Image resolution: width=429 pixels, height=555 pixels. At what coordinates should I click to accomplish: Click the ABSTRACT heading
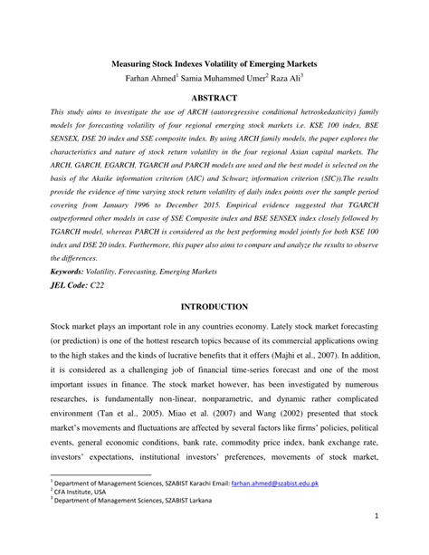(x=214, y=97)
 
